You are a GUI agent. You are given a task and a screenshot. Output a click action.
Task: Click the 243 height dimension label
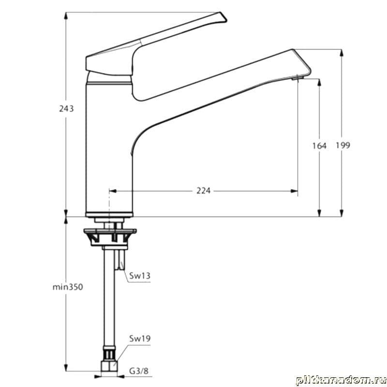pyautogui.click(x=66, y=108)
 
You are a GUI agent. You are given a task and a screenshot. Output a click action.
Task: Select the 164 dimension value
pyautogui.click(x=319, y=146)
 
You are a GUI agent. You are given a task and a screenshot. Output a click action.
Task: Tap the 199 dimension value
pyautogui.click(x=343, y=145)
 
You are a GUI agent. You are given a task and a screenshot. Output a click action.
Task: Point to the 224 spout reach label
pyautogui.click(x=203, y=191)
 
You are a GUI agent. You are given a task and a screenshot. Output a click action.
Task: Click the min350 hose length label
pyautogui.click(x=68, y=287)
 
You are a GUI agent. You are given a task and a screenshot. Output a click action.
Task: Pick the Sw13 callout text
pyautogui.click(x=140, y=276)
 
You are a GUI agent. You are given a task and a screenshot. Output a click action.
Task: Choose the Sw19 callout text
pyautogui.click(x=140, y=338)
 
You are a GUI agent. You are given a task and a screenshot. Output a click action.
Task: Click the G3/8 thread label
pyautogui.click(x=139, y=371)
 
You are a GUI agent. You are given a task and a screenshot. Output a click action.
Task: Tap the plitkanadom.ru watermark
pyautogui.click(x=341, y=380)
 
